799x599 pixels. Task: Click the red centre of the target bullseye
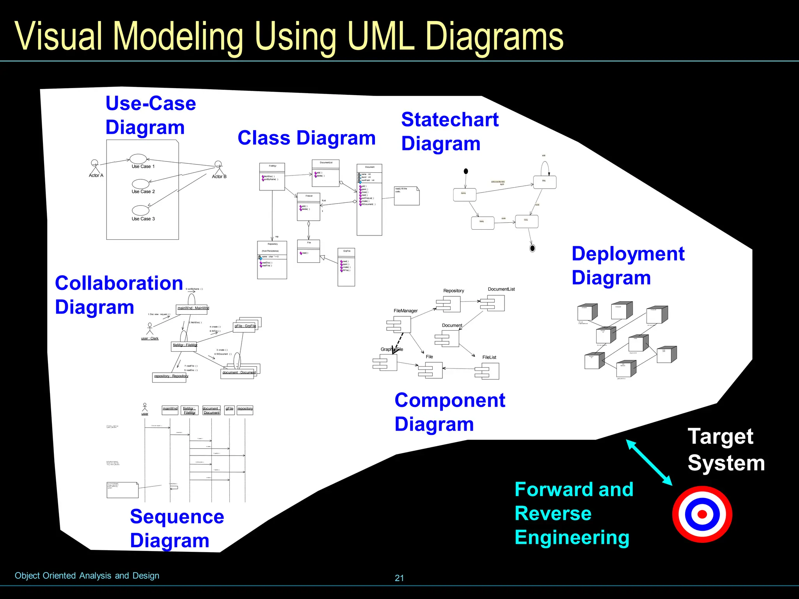click(702, 514)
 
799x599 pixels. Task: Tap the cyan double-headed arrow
click(649, 463)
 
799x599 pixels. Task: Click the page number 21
click(399, 578)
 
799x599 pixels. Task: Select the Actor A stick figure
click(95, 167)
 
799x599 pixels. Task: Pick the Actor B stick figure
click(218, 168)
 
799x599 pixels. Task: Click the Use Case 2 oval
click(140, 184)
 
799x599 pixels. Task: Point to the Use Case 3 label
click(143, 219)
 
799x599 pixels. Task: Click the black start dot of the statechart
click(466, 171)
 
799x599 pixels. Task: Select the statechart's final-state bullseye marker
click(532, 248)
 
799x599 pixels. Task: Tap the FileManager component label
click(405, 311)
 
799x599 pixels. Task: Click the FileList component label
click(489, 357)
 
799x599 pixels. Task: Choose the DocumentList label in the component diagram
click(501, 289)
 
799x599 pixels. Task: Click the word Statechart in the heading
click(450, 120)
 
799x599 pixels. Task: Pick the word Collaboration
click(119, 283)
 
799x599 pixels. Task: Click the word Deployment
click(628, 254)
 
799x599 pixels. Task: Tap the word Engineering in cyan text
click(572, 537)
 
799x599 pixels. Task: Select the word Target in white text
click(720, 436)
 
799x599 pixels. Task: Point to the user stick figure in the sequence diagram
click(145, 408)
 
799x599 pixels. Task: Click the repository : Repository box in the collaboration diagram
click(170, 377)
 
